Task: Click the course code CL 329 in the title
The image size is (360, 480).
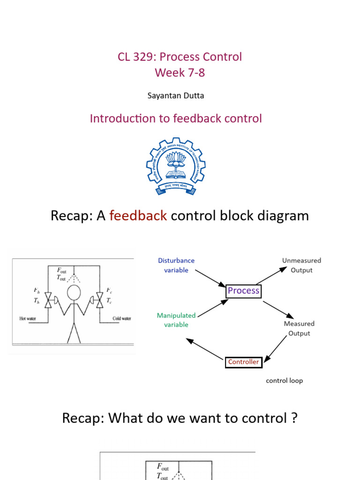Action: pyautogui.click(x=135, y=57)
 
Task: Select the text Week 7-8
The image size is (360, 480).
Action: pyautogui.click(x=180, y=73)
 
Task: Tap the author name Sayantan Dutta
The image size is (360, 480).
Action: pyautogui.click(x=176, y=96)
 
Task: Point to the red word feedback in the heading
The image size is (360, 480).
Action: pyautogui.click(x=138, y=216)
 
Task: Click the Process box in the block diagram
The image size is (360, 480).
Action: pyautogui.click(x=243, y=291)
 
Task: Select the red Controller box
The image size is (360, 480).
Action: pyautogui.click(x=243, y=362)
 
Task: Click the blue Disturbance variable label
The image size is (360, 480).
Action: pyautogui.click(x=176, y=265)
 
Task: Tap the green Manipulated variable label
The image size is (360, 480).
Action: pyautogui.click(x=176, y=320)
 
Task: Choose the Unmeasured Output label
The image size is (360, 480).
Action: pyautogui.click(x=301, y=265)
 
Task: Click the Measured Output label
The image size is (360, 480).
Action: pyautogui.click(x=299, y=328)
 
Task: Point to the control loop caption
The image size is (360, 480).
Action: pyautogui.click(x=284, y=381)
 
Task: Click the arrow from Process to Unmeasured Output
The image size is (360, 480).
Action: pyautogui.click(x=274, y=275)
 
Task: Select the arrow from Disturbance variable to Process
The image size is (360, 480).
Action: pyautogui.click(x=210, y=277)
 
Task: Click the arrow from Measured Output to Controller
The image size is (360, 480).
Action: pyautogui.click(x=276, y=349)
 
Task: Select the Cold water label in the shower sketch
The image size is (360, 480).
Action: pyautogui.click(x=122, y=318)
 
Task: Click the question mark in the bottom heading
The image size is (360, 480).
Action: pyautogui.click(x=293, y=418)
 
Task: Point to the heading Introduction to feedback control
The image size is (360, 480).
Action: pyautogui.click(x=176, y=119)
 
